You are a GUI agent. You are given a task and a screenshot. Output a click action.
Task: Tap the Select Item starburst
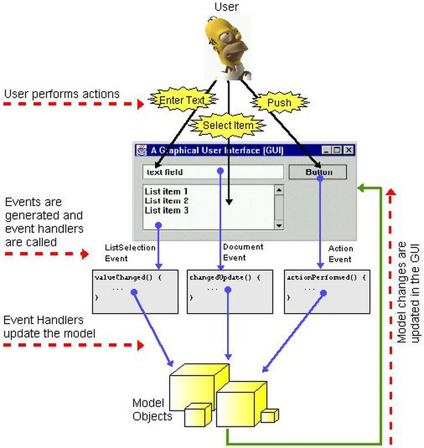point(227,126)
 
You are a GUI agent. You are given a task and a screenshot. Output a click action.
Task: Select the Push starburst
point(278,103)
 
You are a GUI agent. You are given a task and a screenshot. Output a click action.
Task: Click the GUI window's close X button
point(348,150)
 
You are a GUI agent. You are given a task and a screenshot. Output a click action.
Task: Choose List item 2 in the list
point(166,201)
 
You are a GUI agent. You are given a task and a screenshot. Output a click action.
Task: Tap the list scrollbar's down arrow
point(279,225)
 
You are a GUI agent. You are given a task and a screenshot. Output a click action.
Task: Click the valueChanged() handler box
point(135,291)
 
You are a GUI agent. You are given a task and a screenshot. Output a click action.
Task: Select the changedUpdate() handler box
point(230,291)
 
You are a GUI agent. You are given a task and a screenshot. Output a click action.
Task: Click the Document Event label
point(242,252)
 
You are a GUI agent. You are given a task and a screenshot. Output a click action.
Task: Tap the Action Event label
point(340,254)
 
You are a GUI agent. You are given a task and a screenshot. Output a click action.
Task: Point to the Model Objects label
point(152,409)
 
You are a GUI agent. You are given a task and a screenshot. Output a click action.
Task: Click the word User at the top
point(227,7)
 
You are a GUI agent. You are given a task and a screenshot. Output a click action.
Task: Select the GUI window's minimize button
point(326,150)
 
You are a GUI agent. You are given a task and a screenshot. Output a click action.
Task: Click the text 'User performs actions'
point(61,94)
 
